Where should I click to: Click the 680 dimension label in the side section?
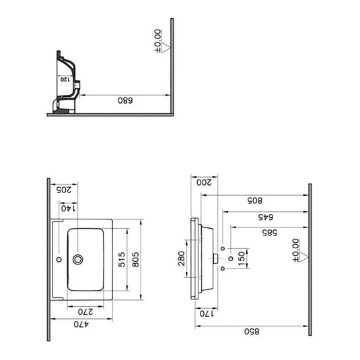point(125,100)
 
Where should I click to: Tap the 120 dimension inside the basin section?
point(65,79)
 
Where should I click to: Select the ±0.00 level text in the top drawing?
point(157,41)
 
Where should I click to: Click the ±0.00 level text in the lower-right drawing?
point(296,250)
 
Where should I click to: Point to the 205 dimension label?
point(64,190)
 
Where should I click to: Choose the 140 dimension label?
point(69,209)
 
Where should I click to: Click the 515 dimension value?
point(122,260)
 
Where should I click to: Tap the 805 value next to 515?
point(136,260)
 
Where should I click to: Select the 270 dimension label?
point(85,312)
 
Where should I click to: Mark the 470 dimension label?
point(81,324)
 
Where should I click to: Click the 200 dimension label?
point(204,182)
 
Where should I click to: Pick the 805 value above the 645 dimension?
point(255,201)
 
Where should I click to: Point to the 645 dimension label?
point(266,217)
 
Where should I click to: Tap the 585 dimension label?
point(270,233)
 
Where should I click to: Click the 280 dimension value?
point(182,258)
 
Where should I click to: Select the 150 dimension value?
point(242,258)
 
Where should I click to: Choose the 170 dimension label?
point(207,314)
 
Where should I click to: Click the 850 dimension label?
point(252,332)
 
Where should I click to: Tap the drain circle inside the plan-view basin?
point(78,260)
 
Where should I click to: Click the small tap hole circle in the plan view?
point(59,260)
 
